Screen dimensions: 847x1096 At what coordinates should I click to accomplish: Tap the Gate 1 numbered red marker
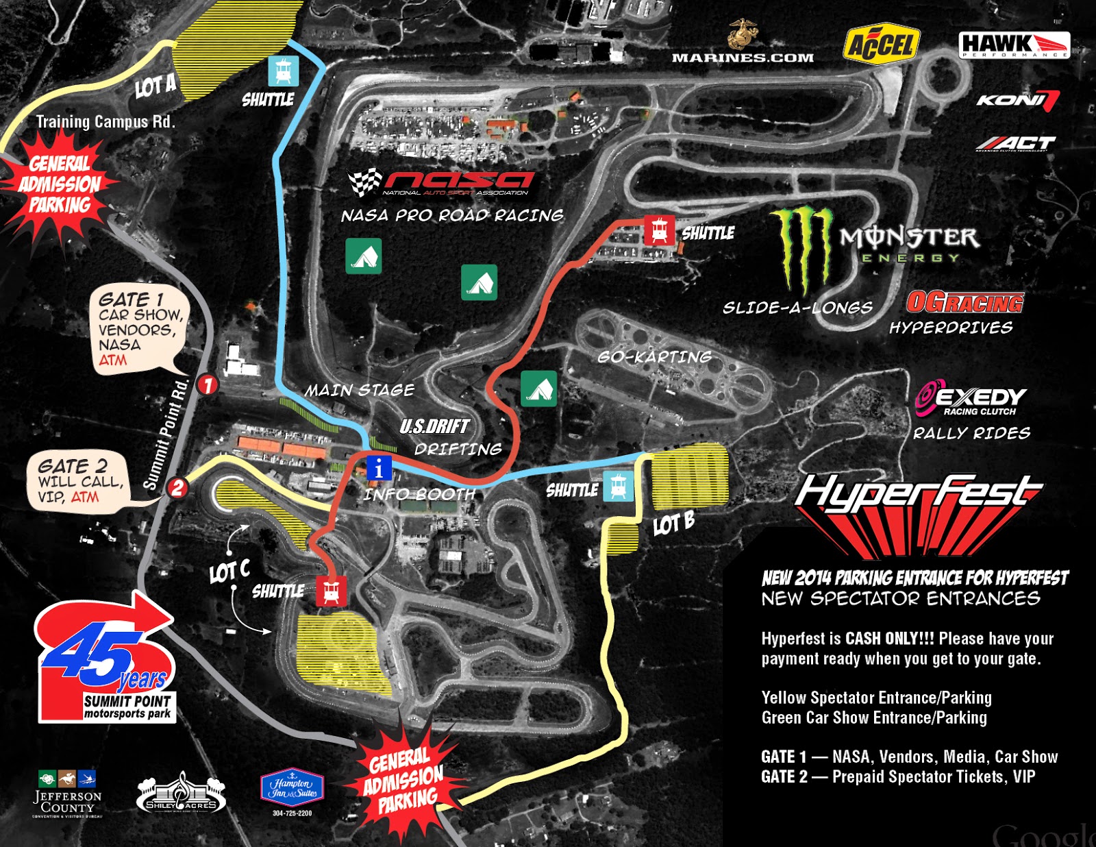(207, 384)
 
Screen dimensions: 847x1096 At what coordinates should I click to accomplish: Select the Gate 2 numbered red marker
(177, 487)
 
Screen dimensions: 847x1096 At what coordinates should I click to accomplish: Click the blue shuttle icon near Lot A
(284, 70)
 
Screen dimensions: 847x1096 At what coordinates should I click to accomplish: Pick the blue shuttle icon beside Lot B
(619, 486)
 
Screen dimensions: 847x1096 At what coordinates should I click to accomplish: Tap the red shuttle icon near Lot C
(331, 590)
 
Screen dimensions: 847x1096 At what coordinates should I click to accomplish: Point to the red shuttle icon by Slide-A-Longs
(659, 230)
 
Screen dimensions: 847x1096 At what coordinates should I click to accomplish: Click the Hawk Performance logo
(1013, 45)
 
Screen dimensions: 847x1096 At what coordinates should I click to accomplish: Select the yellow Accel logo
(881, 45)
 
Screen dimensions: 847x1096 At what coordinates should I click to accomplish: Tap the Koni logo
(1017, 100)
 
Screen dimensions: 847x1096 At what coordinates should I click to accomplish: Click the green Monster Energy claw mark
(801, 250)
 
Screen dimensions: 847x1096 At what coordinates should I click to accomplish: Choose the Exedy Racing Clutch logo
(971, 398)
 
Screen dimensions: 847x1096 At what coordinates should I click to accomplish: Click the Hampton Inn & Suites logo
(292, 788)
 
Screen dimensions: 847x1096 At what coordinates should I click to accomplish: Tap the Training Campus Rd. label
(105, 122)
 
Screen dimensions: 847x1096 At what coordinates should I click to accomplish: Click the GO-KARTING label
(654, 357)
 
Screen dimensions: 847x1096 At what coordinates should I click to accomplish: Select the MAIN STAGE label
(360, 391)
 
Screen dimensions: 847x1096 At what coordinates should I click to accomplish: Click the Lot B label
(673, 524)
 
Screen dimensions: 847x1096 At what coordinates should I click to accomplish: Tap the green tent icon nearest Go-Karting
(538, 389)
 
